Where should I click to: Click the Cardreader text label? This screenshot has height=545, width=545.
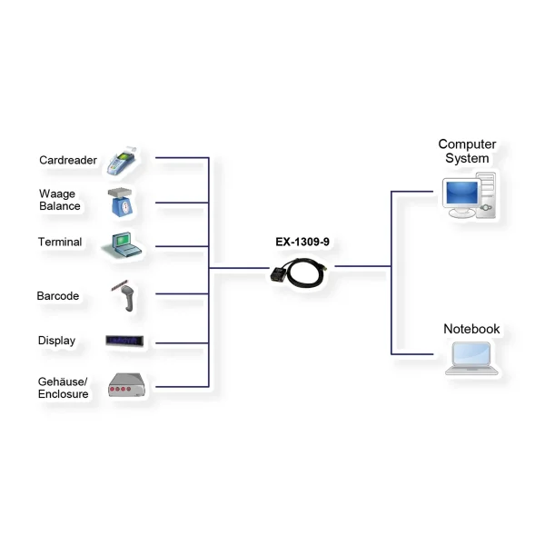click(68, 161)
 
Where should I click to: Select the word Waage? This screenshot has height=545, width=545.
click(57, 193)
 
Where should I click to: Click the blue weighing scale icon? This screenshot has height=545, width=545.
click(124, 203)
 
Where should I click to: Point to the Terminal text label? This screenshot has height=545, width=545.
click(60, 243)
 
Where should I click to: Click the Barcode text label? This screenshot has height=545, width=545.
click(58, 296)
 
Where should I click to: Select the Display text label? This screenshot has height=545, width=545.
click(56, 341)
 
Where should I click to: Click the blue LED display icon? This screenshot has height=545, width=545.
click(126, 342)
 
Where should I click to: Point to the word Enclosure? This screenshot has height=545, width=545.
click(64, 394)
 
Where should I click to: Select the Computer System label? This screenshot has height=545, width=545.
click(467, 151)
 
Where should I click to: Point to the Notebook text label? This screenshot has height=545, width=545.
click(471, 329)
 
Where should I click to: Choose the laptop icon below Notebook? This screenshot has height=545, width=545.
click(471, 358)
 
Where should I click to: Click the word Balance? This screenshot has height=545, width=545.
click(60, 206)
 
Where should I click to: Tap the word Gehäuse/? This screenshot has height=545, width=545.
click(63, 381)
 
